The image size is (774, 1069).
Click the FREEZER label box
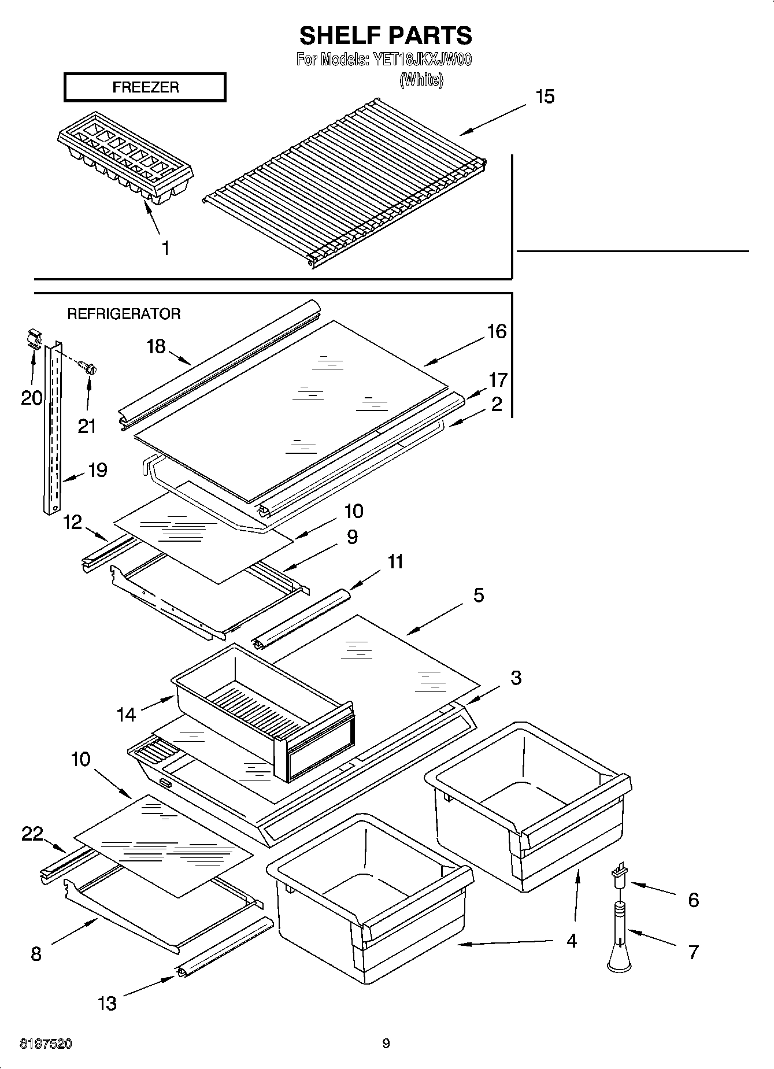(x=145, y=87)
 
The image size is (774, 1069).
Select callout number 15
(x=545, y=97)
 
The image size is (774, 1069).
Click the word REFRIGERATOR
(x=124, y=314)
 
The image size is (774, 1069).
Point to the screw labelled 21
(x=88, y=367)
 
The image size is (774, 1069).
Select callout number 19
(x=97, y=469)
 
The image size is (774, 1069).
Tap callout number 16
(x=497, y=331)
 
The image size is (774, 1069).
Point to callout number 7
(x=694, y=952)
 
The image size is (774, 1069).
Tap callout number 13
(x=108, y=1003)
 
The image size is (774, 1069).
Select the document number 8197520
(x=46, y=1044)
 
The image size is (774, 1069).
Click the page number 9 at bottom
(x=386, y=1044)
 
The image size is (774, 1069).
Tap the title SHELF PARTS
(x=386, y=36)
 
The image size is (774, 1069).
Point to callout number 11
(x=395, y=561)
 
